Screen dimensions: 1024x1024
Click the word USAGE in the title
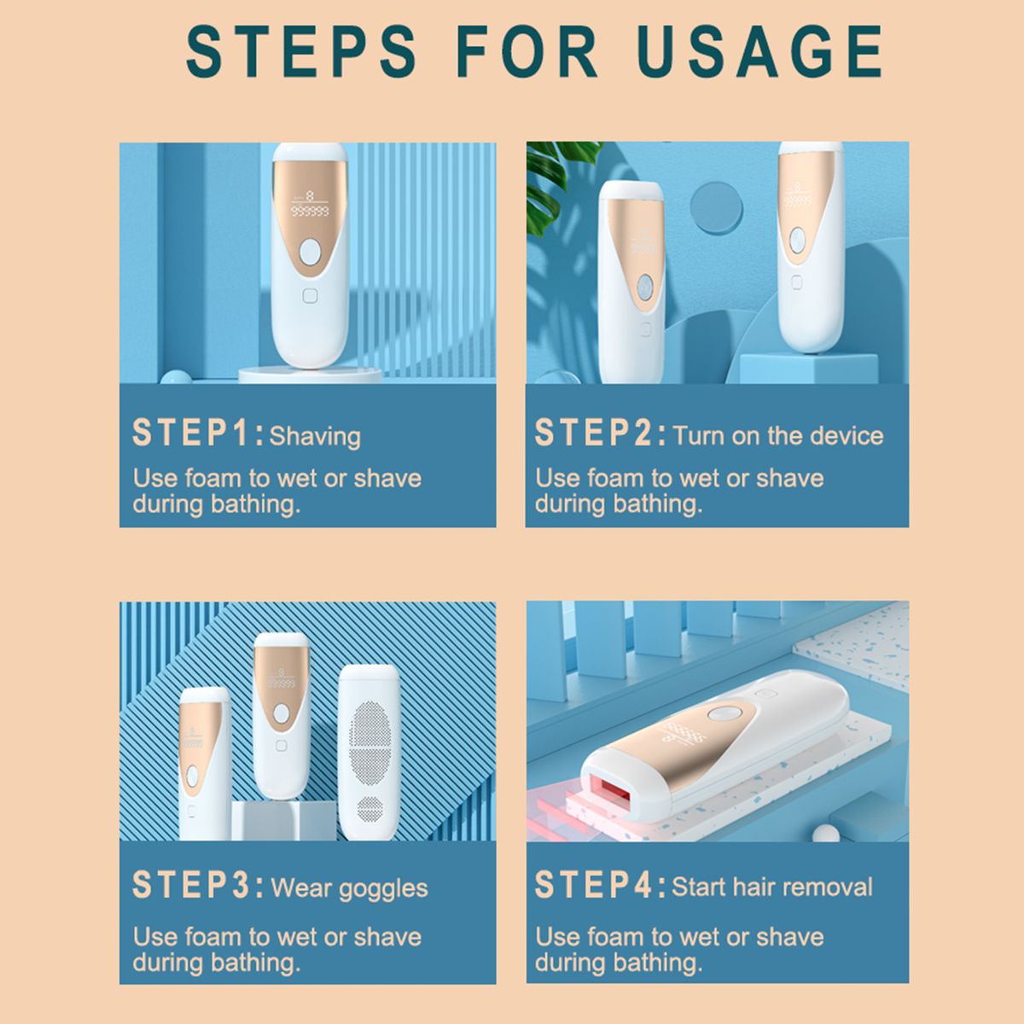tap(759, 51)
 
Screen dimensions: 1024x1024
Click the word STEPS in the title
tap(301, 51)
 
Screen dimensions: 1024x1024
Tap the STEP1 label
tap(198, 433)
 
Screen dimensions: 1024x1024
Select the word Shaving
tap(315, 437)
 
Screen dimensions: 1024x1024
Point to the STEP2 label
tap(600, 433)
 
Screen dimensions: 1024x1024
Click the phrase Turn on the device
tap(778, 436)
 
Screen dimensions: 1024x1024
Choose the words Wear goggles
tap(349, 888)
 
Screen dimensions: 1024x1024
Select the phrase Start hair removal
tap(772, 887)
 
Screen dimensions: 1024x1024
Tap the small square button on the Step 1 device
tap(310, 296)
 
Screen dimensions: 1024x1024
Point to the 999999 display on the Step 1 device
tap(309, 212)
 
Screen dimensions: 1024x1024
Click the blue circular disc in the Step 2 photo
tap(716, 207)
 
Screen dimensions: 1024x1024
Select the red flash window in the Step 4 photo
tap(609, 795)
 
